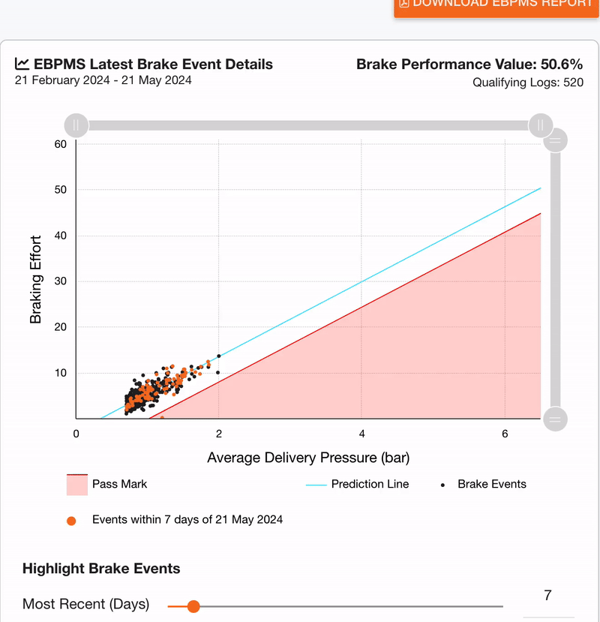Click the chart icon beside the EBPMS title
[22, 64]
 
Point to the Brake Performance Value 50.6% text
[469, 64]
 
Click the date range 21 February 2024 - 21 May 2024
[103, 80]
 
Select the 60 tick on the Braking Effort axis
[61, 144]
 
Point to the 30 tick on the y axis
[61, 281]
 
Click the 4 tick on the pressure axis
[361, 434]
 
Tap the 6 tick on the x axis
[505, 434]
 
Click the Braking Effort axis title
[35, 281]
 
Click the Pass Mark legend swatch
[77, 485]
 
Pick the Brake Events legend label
[491, 484]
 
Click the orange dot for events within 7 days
[71, 520]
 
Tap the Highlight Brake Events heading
[101, 568]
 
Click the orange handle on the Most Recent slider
[193, 606]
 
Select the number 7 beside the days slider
[547, 596]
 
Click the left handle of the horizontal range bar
[76, 125]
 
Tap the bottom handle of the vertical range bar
[555, 419]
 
